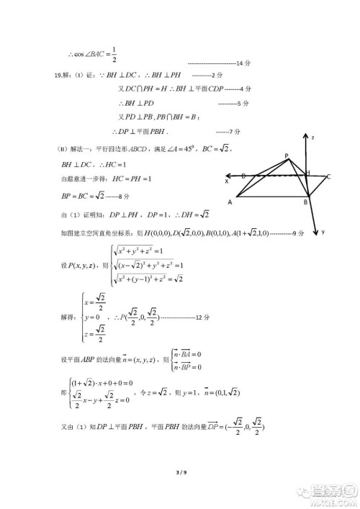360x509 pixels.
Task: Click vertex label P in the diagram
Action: [287, 156]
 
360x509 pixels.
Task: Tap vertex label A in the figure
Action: [230, 203]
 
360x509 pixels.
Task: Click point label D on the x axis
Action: [243, 176]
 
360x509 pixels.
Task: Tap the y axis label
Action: [325, 232]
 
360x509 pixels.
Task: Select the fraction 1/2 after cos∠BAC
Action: [114, 53]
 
